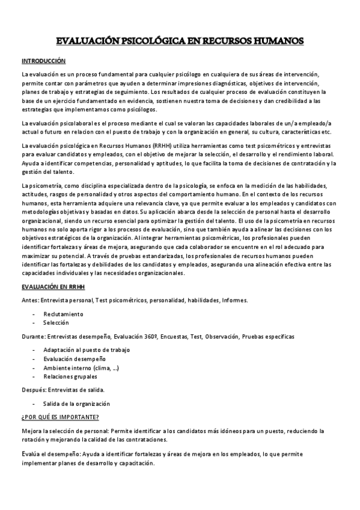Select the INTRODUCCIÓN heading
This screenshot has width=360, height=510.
pyautogui.click(x=43, y=61)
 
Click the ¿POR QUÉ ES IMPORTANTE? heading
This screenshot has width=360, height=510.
pyautogui.click(x=60, y=417)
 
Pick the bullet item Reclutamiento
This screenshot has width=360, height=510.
pyautogui.click(x=63, y=314)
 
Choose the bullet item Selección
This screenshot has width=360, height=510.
pyautogui.click(x=56, y=323)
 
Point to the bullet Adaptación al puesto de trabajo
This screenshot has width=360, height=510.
pyautogui.click(x=87, y=350)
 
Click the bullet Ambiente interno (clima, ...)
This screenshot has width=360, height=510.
pyautogui.click(x=81, y=368)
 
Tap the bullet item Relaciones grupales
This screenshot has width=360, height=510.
pyautogui.click(x=70, y=377)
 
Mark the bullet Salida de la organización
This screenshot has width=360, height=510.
pyautogui.click(x=76, y=404)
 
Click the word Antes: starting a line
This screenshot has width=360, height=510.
pyautogui.click(x=30, y=300)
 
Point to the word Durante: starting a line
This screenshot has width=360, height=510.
pyautogui.click(x=32, y=336)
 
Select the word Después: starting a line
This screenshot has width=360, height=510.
pyautogui.click(x=33, y=390)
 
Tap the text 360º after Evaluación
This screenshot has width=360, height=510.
pyautogui.click(x=144, y=336)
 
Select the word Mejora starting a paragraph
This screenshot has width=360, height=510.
pyautogui.click(x=31, y=431)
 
